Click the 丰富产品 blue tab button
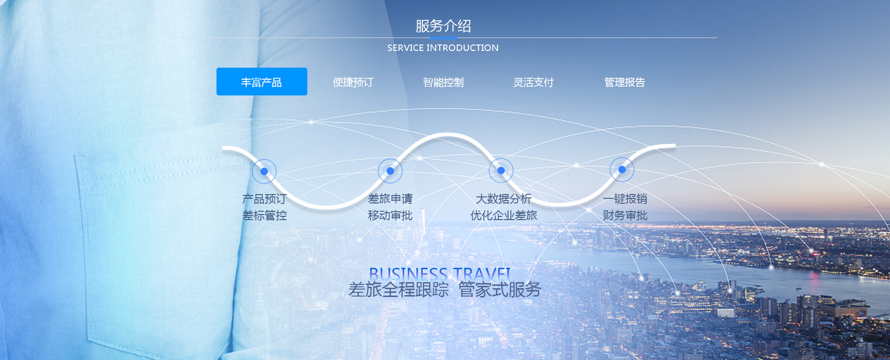click(x=262, y=82)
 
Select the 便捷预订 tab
click(x=353, y=82)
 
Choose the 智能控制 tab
click(x=443, y=82)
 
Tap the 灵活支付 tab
click(x=533, y=82)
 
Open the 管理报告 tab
click(x=624, y=82)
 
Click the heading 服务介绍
click(x=443, y=26)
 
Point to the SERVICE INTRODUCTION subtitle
click(x=443, y=48)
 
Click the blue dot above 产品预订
click(x=264, y=172)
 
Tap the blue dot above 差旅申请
click(x=390, y=171)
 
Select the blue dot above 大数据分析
click(x=501, y=170)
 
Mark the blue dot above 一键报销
click(x=622, y=170)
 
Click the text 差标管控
click(x=265, y=215)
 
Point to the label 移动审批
click(x=390, y=215)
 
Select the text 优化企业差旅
click(x=504, y=215)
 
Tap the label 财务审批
click(x=625, y=215)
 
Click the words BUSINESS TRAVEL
click(x=439, y=274)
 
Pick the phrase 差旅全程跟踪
click(x=398, y=290)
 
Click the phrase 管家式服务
click(x=499, y=290)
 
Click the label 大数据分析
click(x=504, y=199)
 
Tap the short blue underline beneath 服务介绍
click(x=443, y=37)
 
